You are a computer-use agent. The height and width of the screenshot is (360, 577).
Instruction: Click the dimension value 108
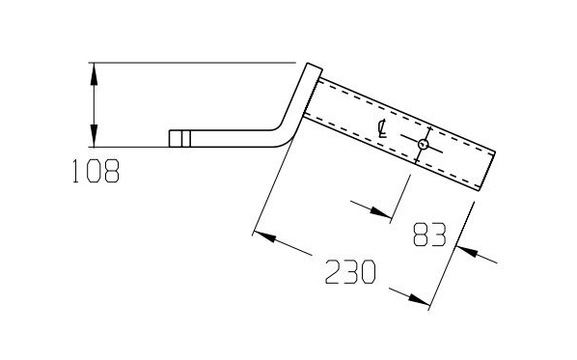[x=96, y=171]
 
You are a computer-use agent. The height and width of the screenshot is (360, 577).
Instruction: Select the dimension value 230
[x=350, y=271]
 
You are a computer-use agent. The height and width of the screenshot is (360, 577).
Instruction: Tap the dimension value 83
[x=429, y=235]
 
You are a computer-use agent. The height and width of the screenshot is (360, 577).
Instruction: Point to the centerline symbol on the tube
[x=383, y=128]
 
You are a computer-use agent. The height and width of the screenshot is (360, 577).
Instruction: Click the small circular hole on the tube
[x=424, y=145]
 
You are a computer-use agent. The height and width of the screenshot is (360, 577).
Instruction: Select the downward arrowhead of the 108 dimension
[x=95, y=136]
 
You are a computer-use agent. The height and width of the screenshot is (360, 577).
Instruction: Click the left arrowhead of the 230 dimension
[x=264, y=236]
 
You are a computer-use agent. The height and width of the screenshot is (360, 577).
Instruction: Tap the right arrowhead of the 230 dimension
[x=419, y=299]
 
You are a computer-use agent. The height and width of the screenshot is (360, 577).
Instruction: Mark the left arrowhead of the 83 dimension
[x=380, y=211]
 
